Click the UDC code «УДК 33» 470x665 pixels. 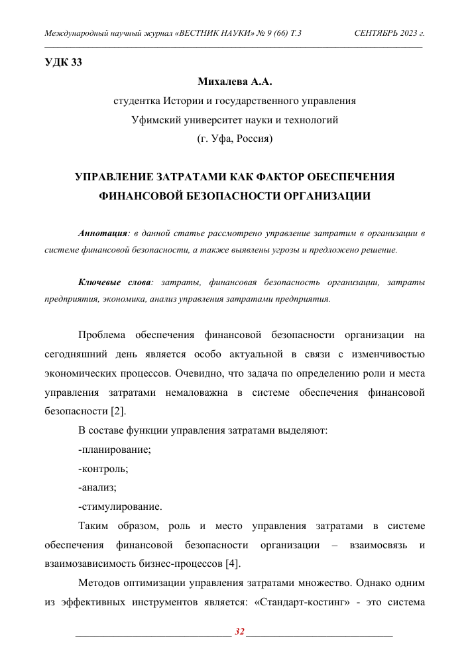[63, 64]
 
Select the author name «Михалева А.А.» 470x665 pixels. [235, 82]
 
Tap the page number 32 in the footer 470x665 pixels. [239, 631]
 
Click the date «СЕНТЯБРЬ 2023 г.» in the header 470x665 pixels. [389, 32]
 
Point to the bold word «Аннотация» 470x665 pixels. [102, 234]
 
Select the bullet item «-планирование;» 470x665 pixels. [114, 450]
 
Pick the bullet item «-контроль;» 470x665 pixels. [103, 469]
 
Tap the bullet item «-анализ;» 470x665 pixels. [97, 488]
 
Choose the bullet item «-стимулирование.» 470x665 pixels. [119, 507]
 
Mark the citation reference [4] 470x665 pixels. [231, 564]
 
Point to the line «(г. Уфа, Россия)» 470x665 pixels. [235, 139]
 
